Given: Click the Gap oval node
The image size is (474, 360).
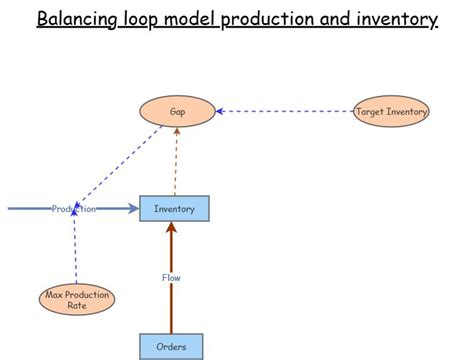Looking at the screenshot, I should tap(177, 112).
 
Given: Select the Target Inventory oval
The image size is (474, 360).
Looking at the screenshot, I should tap(391, 112).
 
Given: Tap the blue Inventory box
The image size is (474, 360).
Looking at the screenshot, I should tap(174, 208).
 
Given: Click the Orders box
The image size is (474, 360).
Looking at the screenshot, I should tap(171, 347).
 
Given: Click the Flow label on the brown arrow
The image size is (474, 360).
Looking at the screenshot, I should tap(171, 277).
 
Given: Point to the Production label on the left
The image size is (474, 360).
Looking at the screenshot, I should tap(74, 208).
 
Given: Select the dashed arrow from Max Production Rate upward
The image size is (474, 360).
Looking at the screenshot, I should tap(75, 255).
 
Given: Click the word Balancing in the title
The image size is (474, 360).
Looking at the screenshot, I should tap(81, 19).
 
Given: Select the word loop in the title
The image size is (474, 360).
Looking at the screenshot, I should tap(148, 19).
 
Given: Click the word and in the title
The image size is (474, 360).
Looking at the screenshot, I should tap(330, 19).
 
